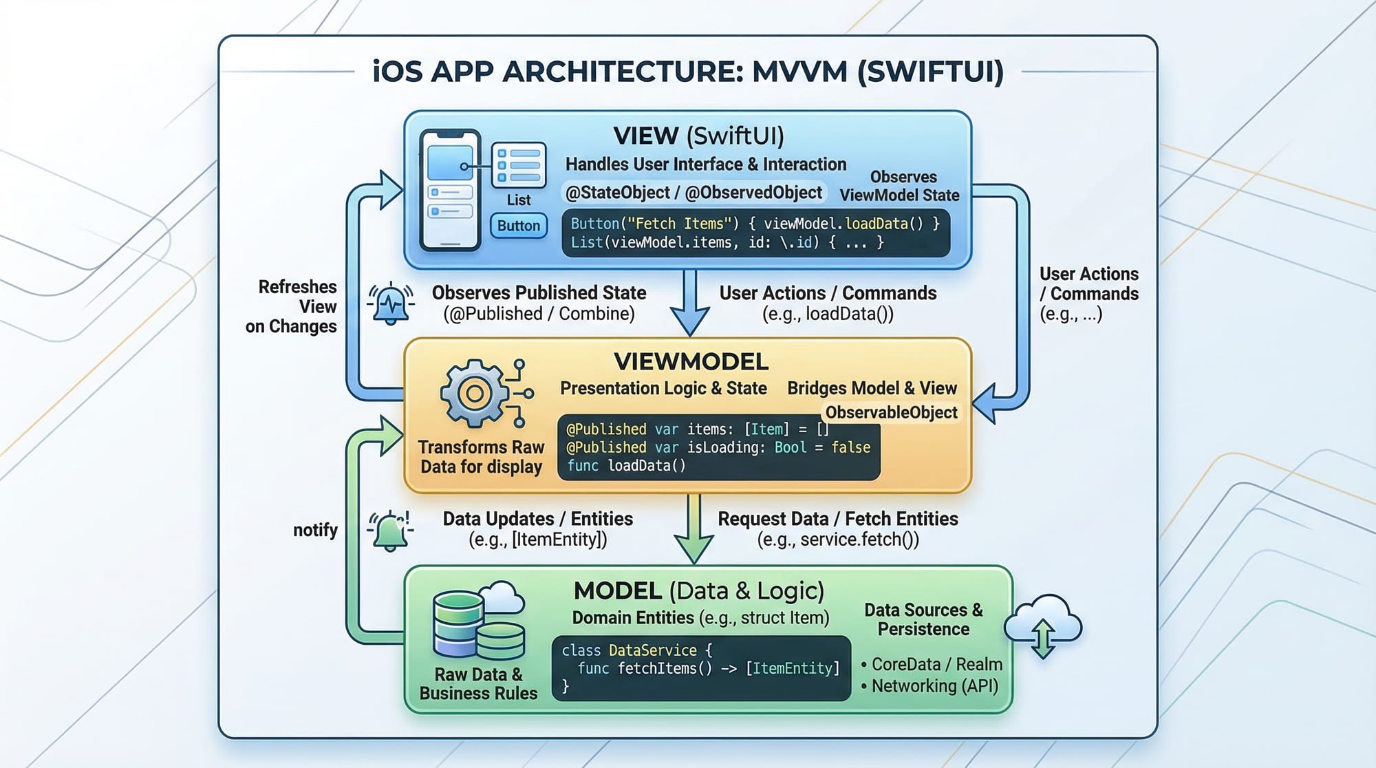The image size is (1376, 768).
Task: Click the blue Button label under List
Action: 519,226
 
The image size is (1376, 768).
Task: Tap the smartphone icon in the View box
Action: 450,191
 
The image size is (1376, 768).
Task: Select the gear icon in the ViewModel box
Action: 475,394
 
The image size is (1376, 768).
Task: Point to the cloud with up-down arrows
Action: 1043,625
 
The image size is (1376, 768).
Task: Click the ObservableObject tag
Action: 891,412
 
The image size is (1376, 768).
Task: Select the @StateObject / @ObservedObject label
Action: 694,193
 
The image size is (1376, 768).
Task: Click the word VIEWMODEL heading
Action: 691,362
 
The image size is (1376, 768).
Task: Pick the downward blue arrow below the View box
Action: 690,303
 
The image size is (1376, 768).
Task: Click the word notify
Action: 315,530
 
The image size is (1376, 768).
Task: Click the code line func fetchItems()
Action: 709,668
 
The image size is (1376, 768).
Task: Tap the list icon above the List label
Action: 519,164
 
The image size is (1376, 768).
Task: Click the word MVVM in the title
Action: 799,72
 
